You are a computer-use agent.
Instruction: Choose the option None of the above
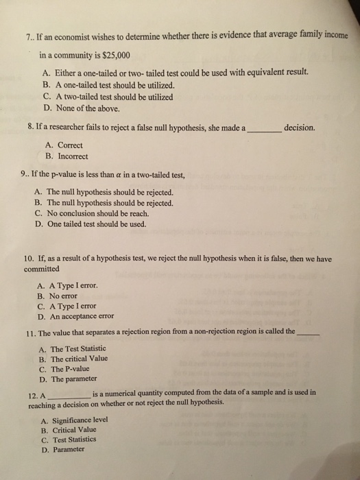[x=85, y=108]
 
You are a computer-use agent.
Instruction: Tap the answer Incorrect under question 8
[x=71, y=156]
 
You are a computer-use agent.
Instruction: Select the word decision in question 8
[x=300, y=126]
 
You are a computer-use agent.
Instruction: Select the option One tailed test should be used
[x=100, y=224]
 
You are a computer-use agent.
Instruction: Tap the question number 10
[x=29, y=259]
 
